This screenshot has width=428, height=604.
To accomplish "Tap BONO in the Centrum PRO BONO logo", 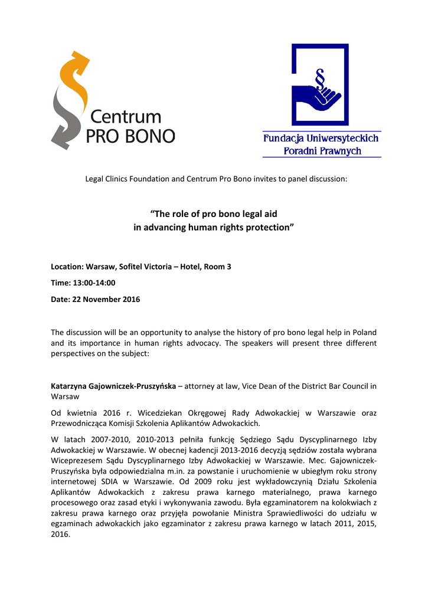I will [151, 136].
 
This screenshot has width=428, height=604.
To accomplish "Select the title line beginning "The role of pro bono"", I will [214, 214].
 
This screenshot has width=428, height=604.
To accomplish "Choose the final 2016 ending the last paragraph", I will [60, 534].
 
